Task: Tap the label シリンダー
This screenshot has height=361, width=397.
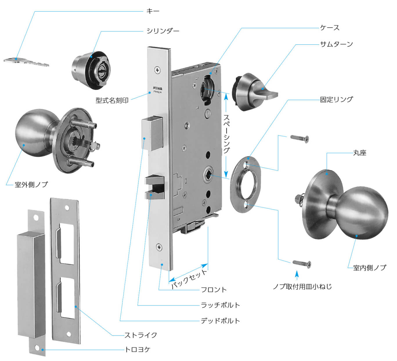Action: coord(163,31)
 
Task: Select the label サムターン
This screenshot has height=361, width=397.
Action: coord(336,44)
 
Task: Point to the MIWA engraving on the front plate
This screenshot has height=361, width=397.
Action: coord(158,88)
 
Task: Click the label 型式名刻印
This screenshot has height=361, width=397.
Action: coord(112,100)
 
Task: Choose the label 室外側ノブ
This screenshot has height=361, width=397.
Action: coord(31,185)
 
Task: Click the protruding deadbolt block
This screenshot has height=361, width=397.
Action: coord(152,133)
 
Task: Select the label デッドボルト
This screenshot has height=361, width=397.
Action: coord(221,321)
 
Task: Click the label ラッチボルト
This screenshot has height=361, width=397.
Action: coord(221,305)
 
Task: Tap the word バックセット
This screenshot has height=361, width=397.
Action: coord(190,279)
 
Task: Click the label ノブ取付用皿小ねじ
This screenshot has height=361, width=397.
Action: coord(302,287)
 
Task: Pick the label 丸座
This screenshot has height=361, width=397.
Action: coord(360,153)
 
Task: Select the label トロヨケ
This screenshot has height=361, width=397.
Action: coord(138,350)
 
